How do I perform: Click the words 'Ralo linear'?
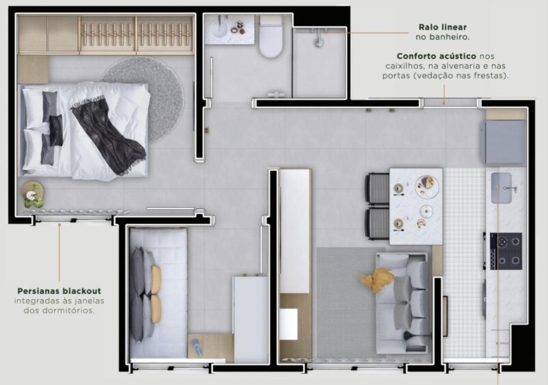coord(443,27)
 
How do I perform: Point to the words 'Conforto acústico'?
coord(436,56)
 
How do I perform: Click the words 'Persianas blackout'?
coord(59,291)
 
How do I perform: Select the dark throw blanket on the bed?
coord(109,134)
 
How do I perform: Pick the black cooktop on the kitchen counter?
coord(505,251)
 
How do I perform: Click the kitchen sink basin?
coord(501,188)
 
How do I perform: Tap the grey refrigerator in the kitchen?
coord(505,142)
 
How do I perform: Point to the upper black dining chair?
coord(378,189)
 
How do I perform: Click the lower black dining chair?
coord(378,224)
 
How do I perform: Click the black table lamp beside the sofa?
coord(408,336)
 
